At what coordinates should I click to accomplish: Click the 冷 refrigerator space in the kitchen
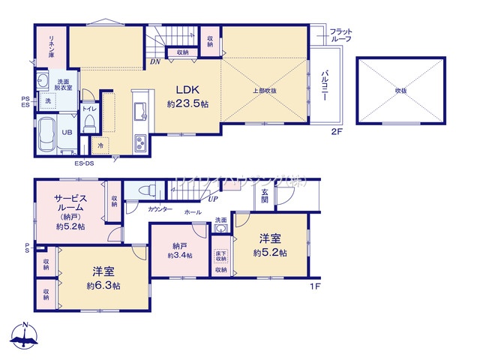[100, 145]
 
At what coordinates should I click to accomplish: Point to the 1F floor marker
[318, 286]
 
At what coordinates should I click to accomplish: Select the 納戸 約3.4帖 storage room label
[179, 250]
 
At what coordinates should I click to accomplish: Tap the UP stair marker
[214, 199]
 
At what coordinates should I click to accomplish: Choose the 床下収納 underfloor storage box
[220, 256]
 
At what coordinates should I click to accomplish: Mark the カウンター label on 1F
[160, 208]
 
